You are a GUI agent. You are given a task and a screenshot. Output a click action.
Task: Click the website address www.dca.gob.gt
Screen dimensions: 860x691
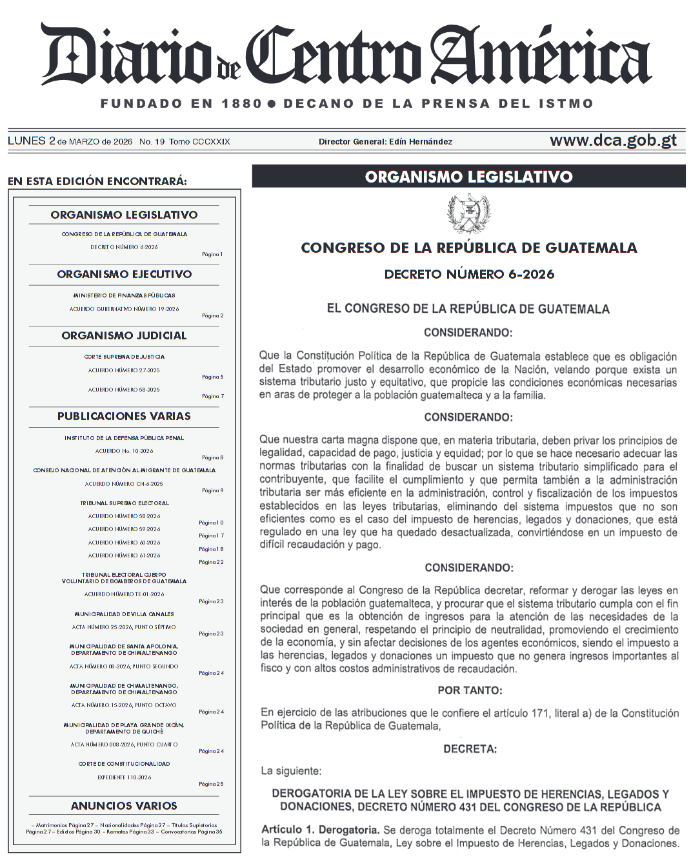point(613,141)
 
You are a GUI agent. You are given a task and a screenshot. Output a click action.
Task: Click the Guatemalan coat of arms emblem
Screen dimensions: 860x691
point(469,213)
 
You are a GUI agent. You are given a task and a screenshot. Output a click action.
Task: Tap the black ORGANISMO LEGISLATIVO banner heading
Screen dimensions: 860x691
point(468,177)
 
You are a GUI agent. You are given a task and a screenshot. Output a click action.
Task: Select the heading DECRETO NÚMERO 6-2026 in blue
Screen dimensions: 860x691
point(469,274)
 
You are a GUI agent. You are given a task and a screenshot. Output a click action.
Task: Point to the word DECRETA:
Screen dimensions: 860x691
point(470,749)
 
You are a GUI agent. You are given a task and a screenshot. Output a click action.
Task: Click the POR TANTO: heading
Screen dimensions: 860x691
point(469,690)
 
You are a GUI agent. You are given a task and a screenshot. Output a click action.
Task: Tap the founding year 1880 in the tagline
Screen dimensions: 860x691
point(242,103)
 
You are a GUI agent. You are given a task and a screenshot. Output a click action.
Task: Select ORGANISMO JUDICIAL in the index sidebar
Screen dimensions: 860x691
point(124,335)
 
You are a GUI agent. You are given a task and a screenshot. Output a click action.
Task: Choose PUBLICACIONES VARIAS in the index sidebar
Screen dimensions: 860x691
point(124,416)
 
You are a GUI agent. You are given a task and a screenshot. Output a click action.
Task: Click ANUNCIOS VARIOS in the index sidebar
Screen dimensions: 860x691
point(124,806)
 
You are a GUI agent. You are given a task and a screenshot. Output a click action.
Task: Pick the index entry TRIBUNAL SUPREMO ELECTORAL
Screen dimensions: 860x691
point(125,503)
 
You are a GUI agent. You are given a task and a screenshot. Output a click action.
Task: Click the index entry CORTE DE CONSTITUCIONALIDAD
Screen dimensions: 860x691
point(125,764)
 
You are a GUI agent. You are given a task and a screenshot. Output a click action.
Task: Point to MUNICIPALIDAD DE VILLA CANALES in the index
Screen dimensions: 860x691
point(125,614)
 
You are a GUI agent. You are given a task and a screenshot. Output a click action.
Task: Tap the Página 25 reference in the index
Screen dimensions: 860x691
point(211,784)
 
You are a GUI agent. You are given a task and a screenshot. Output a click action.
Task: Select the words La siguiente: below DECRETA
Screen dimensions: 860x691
point(291,771)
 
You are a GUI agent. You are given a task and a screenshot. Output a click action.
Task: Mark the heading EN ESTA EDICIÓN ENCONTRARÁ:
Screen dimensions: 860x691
point(97,181)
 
